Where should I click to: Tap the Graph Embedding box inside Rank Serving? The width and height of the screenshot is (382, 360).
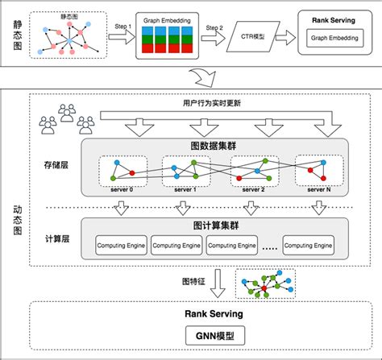click(334, 37)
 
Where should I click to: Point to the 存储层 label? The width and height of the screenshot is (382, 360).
click(56, 165)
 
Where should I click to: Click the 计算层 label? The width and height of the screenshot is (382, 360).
click(56, 240)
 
